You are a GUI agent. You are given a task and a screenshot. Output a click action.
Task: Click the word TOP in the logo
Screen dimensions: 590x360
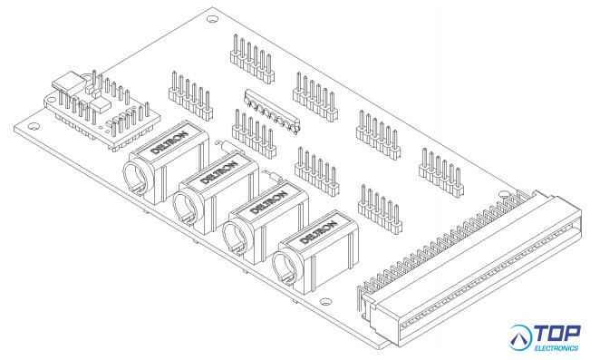pos(557,333)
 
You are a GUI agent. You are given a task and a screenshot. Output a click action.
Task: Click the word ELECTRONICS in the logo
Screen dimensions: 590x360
pos(556,348)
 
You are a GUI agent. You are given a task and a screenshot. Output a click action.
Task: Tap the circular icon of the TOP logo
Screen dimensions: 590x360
pos(520,337)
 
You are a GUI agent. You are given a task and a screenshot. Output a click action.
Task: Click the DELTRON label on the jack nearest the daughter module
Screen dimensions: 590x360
pos(169,142)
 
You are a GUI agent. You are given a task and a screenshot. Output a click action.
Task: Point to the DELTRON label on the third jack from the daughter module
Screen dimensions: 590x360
pos(268,203)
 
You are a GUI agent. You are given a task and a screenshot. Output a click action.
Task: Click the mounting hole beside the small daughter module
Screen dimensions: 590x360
pos(34,127)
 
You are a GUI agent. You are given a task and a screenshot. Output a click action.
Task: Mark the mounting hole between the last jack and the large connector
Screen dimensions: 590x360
pos(326,302)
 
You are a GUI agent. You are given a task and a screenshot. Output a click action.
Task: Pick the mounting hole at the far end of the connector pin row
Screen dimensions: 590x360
pos(504,194)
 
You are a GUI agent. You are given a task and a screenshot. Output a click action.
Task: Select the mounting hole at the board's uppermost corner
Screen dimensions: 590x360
pos(213,18)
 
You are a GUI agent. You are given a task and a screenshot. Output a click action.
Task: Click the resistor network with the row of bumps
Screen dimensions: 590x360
pos(272,111)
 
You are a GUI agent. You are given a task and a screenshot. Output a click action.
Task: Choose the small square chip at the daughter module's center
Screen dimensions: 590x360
pos(100,104)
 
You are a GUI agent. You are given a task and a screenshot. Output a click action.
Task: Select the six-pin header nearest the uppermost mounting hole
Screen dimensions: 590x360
pos(252,59)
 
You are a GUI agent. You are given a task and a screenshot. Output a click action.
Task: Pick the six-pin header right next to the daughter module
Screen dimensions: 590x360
pos(190,95)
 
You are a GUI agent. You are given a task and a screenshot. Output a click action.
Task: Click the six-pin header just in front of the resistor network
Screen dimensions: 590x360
pos(255,133)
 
